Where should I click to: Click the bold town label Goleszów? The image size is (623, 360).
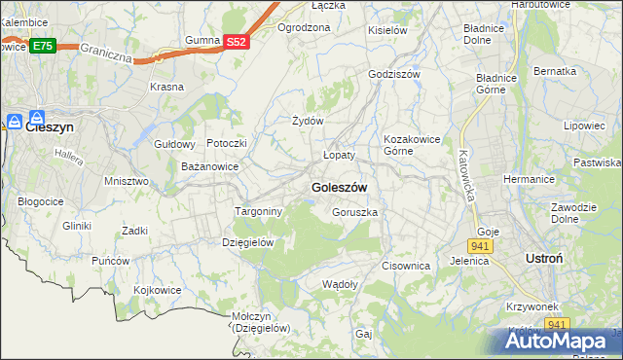click(339, 187)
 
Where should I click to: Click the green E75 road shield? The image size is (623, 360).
click(42, 46)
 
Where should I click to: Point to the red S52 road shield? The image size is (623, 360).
click(237, 42)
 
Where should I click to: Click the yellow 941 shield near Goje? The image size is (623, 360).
click(484, 246)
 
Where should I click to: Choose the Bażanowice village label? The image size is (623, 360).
click(210, 167)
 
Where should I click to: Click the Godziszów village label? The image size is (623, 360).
click(394, 74)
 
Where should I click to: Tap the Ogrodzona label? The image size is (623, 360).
click(304, 27)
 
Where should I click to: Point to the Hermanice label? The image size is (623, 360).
click(529, 179)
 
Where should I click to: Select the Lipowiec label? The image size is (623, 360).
click(584, 126)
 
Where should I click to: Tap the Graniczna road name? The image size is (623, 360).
click(106, 50)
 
